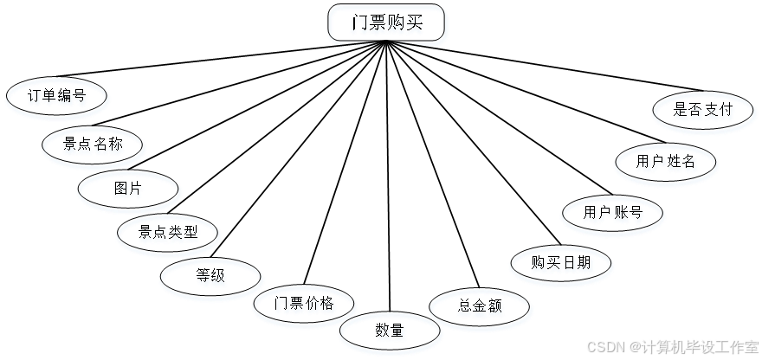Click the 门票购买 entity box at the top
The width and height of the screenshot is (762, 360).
tap(388, 26)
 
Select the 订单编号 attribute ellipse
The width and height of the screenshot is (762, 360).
tap(57, 98)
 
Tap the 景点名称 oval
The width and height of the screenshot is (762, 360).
tap(94, 146)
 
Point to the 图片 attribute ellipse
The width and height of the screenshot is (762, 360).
tap(129, 191)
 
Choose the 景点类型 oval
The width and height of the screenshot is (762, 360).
tap(169, 234)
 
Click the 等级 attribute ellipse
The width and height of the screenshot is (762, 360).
tap(211, 279)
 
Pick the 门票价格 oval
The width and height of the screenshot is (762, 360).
tap(305, 305)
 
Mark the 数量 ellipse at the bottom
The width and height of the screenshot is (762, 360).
tap(390, 331)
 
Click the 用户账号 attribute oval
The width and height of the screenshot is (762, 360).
tap(613, 215)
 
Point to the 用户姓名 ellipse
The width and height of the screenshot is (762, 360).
tap(667, 164)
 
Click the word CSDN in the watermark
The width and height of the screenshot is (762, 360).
tap(604, 346)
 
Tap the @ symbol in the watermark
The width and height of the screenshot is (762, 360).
tap(634, 346)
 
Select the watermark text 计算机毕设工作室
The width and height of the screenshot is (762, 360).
tap(699, 346)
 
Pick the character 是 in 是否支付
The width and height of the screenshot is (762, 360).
tap(682, 112)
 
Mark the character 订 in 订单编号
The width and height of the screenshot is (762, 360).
tap(35, 98)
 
